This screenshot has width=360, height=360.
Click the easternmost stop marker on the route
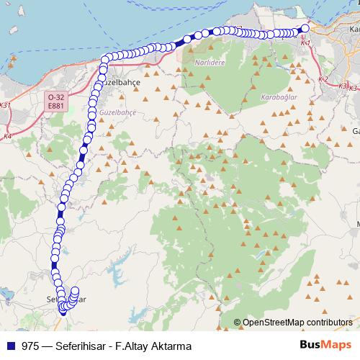pyautogui.click(x=305, y=29)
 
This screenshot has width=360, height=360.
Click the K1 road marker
pyautogui.click(x=305, y=43)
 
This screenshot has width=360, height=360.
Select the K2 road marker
pyautogui.click(x=323, y=78)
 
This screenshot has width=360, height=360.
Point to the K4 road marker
pyautogui.click(x=7, y=135)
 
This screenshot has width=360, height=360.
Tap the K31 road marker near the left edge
pyautogui.click(x=6, y=105)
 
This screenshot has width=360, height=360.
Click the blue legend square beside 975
pyautogui.click(x=10, y=346)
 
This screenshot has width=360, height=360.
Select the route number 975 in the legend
pyautogui.click(x=31, y=346)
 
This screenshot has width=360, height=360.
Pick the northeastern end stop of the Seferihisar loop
pyautogui.click(x=75, y=291)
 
